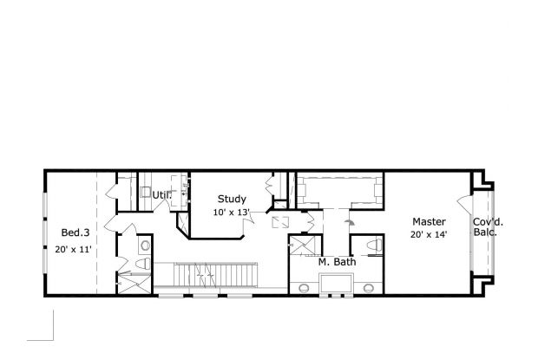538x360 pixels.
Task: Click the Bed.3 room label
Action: point(75,232)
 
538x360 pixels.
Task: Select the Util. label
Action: point(161,195)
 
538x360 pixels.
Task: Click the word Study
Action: point(232,199)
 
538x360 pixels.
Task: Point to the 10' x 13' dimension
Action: point(232,213)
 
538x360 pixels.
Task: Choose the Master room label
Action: point(429,221)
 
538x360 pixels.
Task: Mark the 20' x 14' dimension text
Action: point(429,234)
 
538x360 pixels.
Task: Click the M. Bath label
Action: point(337,262)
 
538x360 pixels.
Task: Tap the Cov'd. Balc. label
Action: point(488,227)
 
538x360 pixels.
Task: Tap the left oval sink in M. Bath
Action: point(305,287)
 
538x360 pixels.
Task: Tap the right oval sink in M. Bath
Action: point(368,287)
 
